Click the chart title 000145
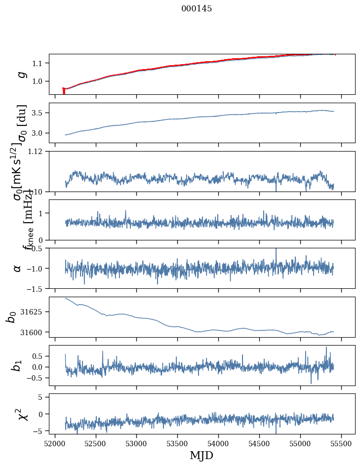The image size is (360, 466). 197,9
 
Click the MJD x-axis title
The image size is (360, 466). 201,455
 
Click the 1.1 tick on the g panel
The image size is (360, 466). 38,63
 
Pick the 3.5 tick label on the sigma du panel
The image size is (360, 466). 38,113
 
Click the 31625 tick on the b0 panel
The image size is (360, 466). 33,312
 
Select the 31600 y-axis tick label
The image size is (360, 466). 33,332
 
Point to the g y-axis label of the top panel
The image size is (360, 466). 21,74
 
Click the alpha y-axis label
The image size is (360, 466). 18,268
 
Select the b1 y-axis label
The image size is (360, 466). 18,365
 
